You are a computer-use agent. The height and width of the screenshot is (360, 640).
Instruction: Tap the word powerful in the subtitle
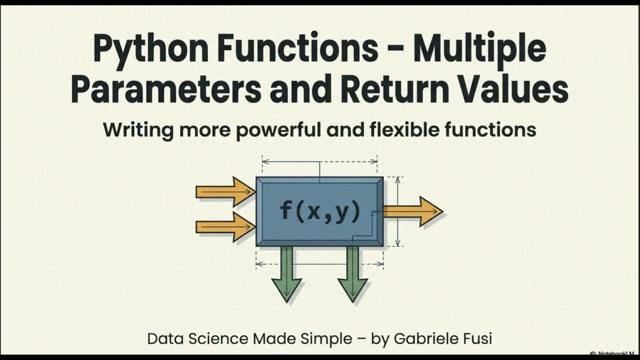coord(270,130)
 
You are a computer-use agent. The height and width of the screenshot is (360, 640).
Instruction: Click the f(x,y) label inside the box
coord(320,211)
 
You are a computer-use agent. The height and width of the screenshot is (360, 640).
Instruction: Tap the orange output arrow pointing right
coord(413,211)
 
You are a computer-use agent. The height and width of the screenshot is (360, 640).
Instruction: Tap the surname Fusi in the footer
coord(477,338)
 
